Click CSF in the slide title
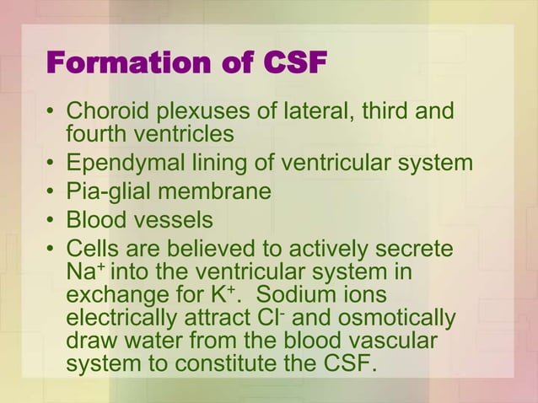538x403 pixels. pyautogui.click(x=294, y=64)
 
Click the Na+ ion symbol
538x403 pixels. pyautogui.click(x=83, y=273)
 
